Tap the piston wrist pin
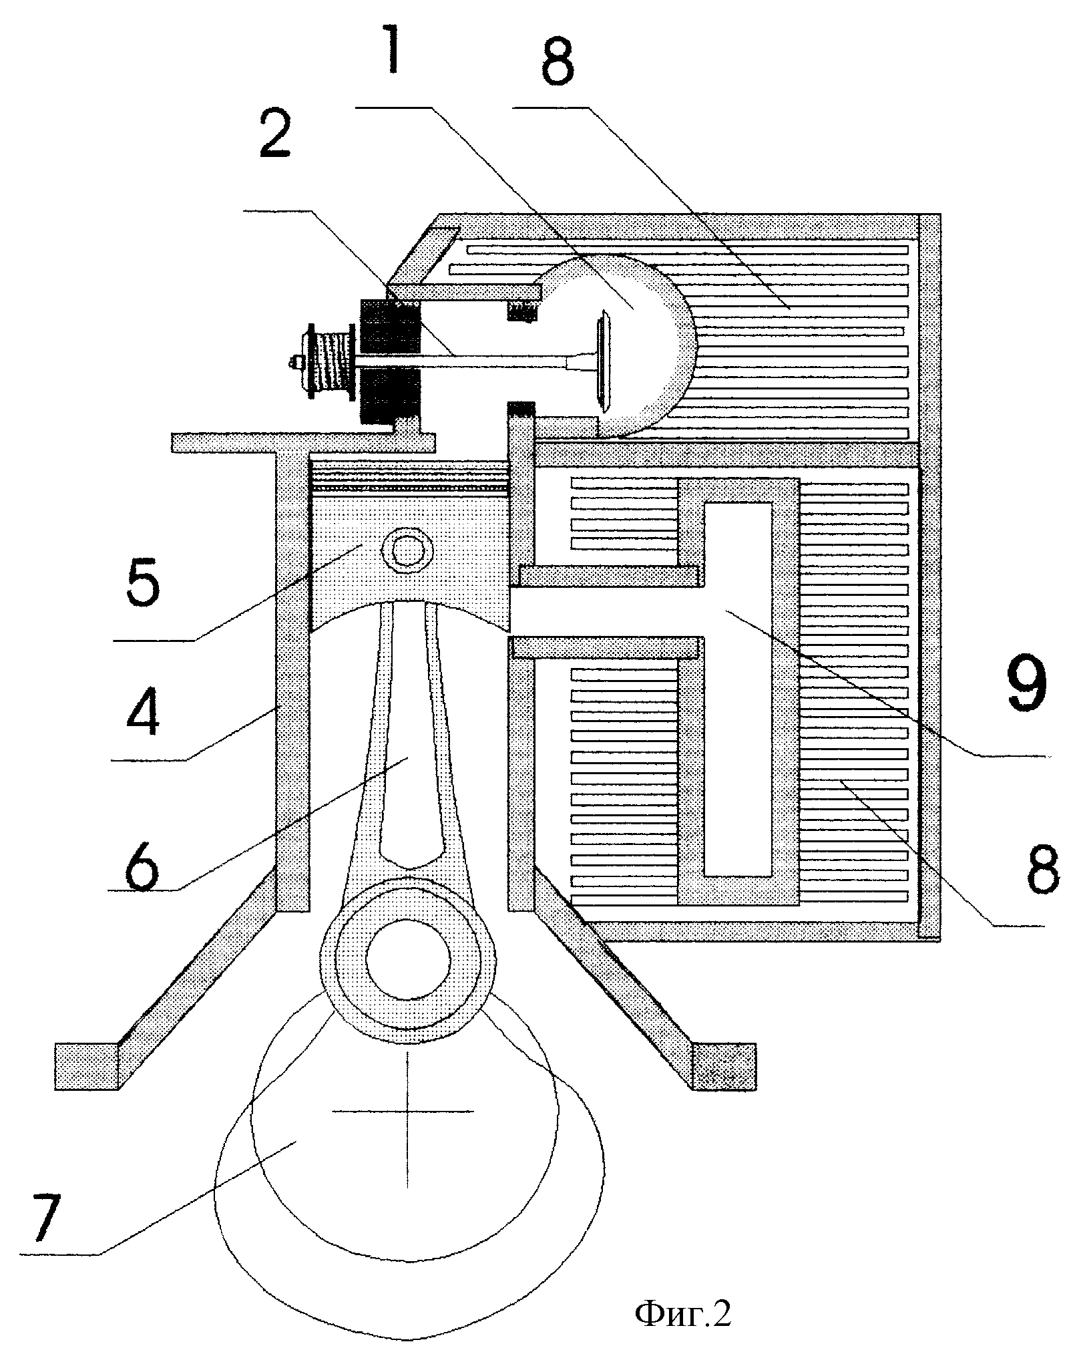[x=404, y=550]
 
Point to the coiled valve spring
[x=333, y=361]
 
